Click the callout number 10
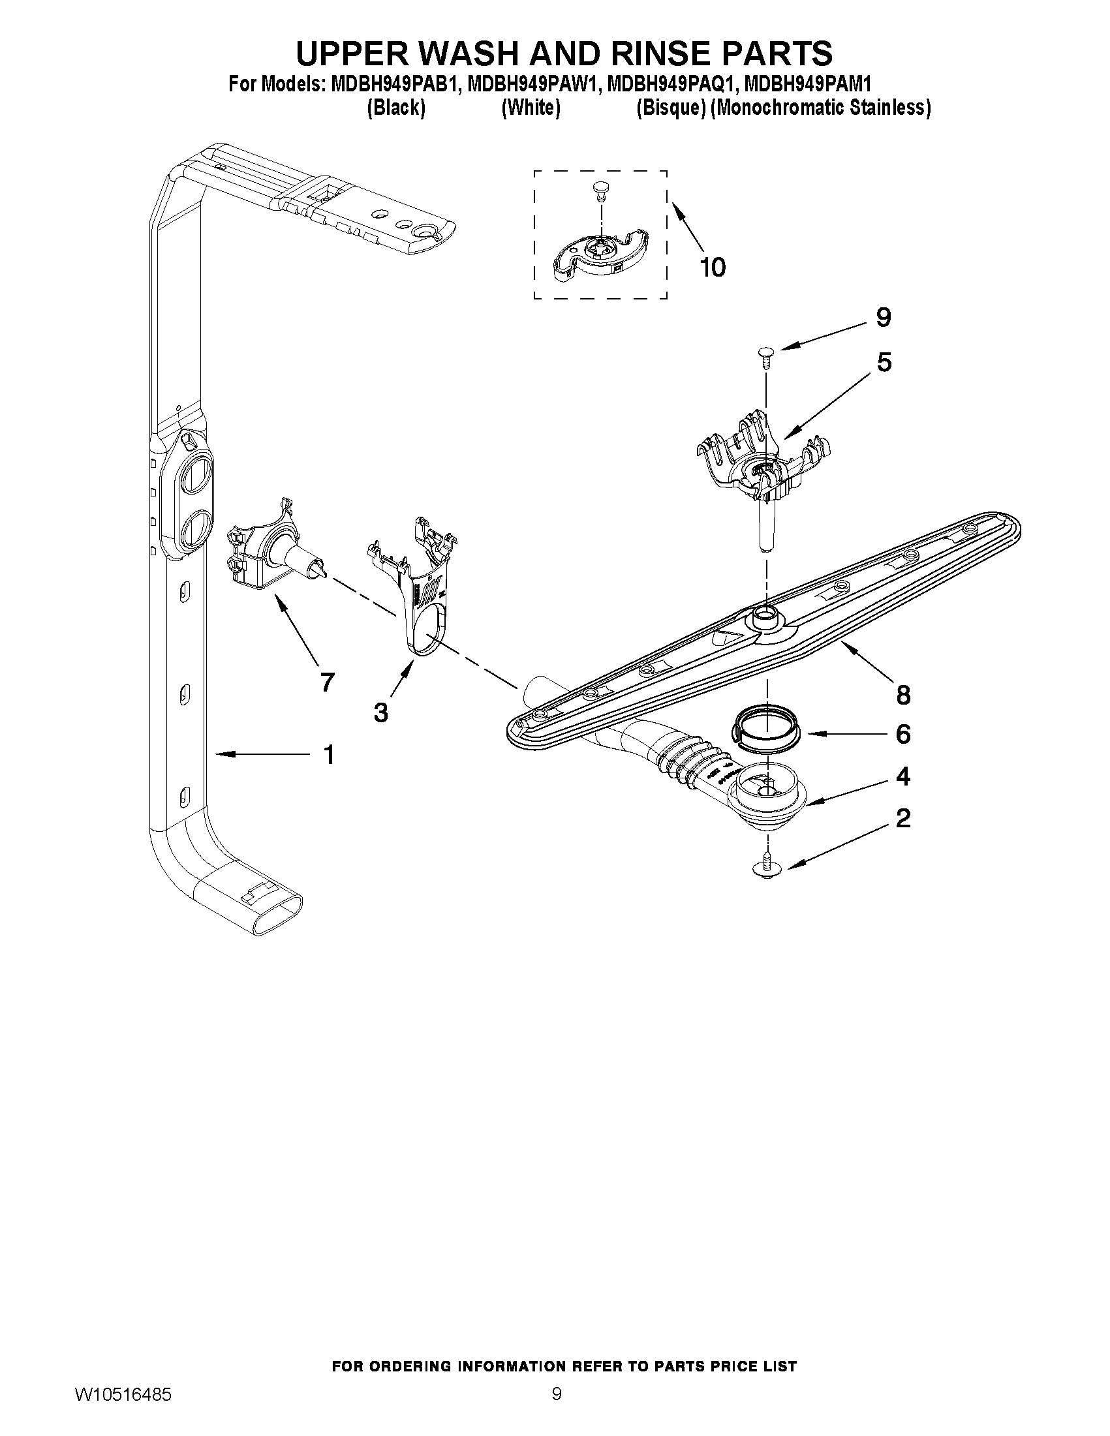coord(713,267)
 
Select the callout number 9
coord(883,318)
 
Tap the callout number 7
coord(327,682)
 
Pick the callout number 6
coord(903,734)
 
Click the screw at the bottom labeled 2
coord(767,867)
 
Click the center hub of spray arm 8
coord(765,616)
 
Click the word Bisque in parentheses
coord(671,108)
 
